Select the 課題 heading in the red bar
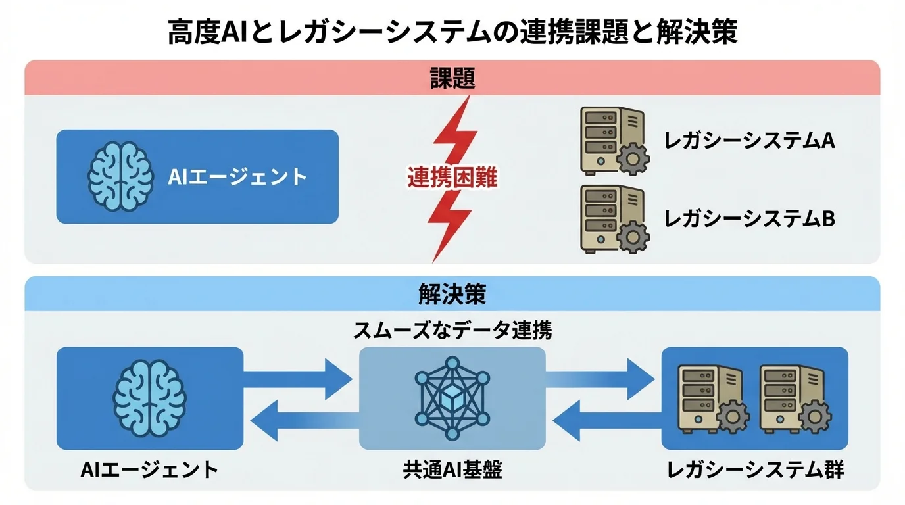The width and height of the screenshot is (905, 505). (452, 79)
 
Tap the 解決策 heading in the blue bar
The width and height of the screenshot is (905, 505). (452, 294)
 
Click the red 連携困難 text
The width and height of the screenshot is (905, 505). (452, 177)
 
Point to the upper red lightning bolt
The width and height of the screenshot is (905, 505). (456, 132)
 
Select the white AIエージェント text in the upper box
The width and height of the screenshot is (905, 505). (237, 176)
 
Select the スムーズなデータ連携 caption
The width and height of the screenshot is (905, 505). (452, 330)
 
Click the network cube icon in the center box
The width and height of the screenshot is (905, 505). (452, 398)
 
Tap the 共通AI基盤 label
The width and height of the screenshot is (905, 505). (452, 469)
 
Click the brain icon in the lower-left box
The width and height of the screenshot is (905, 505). (150, 398)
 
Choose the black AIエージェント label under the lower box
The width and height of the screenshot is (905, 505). (149, 469)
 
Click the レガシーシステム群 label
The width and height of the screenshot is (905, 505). (755, 469)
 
